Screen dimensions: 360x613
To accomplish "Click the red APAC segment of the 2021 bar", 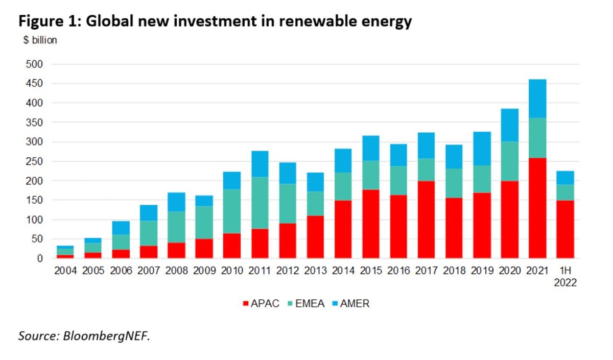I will pyautogui.click(x=537, y=208).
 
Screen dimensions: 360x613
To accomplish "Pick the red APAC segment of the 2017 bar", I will pyautogui.click(x=427, y=220).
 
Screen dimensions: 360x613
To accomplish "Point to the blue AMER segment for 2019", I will pyautogui.click(x=482, y=149).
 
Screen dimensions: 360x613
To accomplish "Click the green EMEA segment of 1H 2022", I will pyautogui.click(x=565, y=192).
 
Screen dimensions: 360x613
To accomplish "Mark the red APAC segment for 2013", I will pyautogui.click(x=315, y=237).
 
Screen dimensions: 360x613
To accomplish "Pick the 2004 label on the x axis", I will pyautogui.click(x=65, y=270).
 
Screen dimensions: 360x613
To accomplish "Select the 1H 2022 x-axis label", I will pyautogui.click(x=565, y=276).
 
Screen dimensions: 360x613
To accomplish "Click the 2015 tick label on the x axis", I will pyautogui.click(x=370, y=270).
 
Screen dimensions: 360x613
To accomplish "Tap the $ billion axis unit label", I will pyautogui.click(x=40, y=41).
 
